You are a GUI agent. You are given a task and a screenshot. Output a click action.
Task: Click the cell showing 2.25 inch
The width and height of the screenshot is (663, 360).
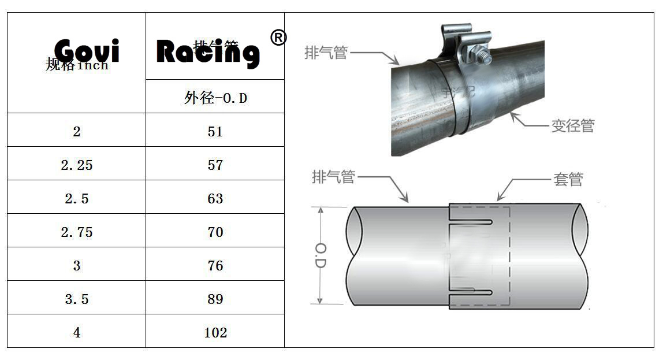77,165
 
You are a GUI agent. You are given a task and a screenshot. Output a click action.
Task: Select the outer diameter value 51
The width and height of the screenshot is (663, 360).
215,132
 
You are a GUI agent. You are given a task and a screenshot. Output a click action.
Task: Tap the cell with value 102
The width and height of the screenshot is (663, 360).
215,333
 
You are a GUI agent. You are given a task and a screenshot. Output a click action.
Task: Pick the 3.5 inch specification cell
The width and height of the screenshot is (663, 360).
77,299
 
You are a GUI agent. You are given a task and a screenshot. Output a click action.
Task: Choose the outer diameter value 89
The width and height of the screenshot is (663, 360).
215,299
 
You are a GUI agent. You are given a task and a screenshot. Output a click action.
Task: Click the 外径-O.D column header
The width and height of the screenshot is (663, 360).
215,98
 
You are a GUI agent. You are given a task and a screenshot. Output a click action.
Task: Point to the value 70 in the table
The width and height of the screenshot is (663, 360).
215,232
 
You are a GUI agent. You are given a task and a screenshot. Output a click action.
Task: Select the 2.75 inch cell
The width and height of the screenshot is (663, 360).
77,232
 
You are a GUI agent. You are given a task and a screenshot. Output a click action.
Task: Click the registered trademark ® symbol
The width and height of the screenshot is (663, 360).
278,38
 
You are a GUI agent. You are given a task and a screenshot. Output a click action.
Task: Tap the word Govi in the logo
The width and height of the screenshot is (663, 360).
87,51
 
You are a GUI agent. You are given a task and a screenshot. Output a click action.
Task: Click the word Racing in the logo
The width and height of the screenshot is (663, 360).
208,52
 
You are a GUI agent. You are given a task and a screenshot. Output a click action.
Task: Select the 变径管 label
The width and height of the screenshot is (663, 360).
572,126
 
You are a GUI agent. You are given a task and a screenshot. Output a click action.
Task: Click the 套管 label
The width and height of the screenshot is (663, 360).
568,180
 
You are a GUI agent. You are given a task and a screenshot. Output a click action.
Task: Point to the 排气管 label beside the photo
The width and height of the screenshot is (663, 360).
326,53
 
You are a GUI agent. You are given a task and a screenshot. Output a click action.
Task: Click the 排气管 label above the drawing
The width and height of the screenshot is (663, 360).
333,177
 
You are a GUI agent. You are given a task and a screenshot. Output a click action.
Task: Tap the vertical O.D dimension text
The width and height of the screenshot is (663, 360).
322,255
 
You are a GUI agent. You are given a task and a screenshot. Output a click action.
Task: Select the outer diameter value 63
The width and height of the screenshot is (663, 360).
215,199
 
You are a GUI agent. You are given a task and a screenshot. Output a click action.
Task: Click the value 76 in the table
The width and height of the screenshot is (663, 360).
215,266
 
